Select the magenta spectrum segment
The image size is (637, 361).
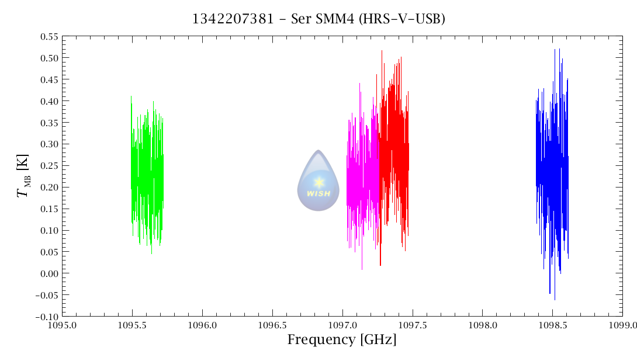[x=363, y=175]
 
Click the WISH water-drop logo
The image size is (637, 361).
[x=318, y=181]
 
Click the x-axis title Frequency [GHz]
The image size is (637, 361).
[x=342, y=339]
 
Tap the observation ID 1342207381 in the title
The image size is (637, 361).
[x=233, y=19]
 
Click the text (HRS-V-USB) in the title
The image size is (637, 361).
[x=411, y=19]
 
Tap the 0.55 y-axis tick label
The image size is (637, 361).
[x=49, y=36]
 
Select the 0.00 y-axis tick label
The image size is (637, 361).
[x=49, y=273]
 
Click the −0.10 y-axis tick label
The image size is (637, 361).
[x=47, y=317]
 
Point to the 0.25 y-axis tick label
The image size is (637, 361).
[x=49, y=165]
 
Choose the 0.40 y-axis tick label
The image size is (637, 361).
[x=49, y=101]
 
